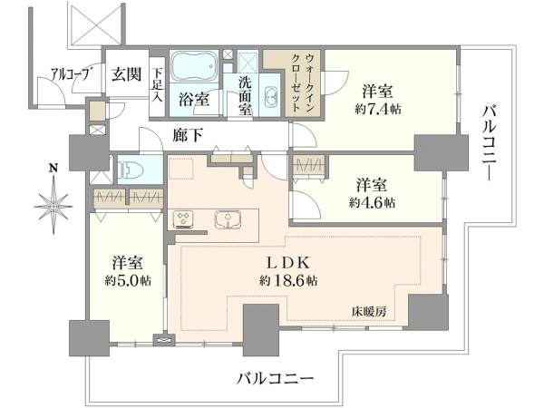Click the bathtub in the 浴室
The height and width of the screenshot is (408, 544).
(x=194, y=66)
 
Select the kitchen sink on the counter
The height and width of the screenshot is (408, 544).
(x=228, y=219)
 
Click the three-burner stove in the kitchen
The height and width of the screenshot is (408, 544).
(x=183, y=219)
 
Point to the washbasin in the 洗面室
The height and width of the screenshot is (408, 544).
(x=270, y=96)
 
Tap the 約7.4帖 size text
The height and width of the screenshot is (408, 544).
(x=377, y=110)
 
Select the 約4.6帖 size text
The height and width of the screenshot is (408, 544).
(x=372, y=202)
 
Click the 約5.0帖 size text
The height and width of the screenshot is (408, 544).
(x=128, y=280)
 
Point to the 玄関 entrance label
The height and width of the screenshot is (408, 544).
(x=127, y=74)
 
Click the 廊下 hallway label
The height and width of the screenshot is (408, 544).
(x=188, y=135)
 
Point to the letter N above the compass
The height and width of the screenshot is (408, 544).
(x=53, y=169)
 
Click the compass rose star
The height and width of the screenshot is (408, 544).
(x=53, y=207)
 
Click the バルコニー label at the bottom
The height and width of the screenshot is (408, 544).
(x=275, y=378)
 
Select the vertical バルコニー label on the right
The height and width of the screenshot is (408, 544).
(x=491, y=143)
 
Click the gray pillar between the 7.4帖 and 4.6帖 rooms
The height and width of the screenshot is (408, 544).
(x=442, y=152)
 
